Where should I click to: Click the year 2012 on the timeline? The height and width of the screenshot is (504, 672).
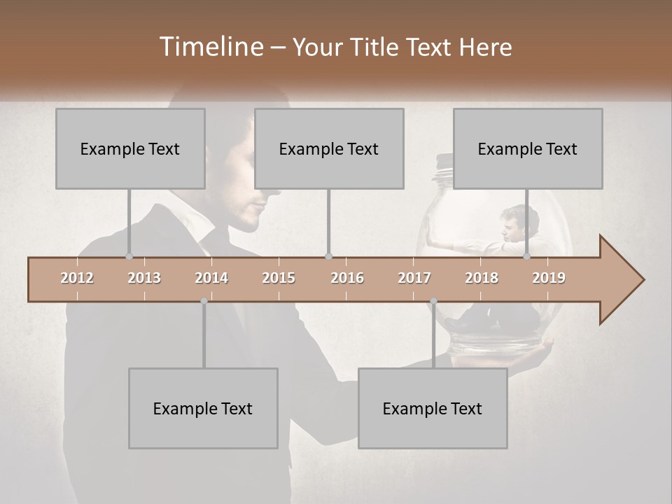[77, 278]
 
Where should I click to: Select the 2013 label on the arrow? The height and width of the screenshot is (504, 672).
[144, 278]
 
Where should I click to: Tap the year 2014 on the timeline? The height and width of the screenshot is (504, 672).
[211, 278]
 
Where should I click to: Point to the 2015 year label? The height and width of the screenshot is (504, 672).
[279, 278]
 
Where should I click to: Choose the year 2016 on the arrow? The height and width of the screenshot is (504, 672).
[347, 278]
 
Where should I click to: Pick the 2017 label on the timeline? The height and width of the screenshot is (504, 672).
[414, 278]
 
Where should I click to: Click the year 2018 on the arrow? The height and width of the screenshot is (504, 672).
[482, 278]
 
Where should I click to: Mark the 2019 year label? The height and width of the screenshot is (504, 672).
[549, 278]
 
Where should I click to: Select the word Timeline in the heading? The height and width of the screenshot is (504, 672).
[211, 47]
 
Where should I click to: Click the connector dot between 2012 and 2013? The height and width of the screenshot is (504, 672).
[129, 257]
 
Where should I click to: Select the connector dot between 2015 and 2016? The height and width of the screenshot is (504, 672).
[328, 257]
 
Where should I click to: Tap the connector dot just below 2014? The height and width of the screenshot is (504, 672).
[204, 301]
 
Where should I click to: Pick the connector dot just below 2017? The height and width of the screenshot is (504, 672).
[433, 301]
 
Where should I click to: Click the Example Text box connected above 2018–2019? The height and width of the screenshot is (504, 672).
[528, 148]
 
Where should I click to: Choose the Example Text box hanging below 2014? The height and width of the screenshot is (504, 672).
[203, 408]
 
